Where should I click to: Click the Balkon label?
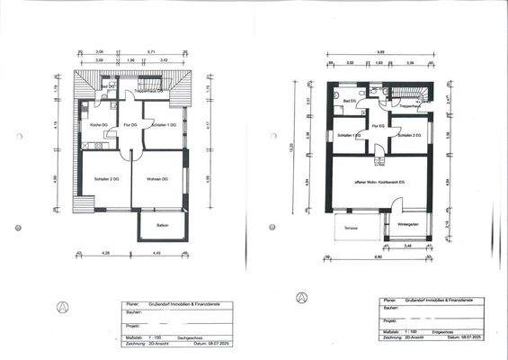pos(162,225)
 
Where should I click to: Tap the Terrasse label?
pos(351,228)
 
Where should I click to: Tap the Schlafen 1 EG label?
pos(350,135)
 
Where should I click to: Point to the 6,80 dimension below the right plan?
pos(378,256)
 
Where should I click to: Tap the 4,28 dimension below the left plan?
pos(105,253)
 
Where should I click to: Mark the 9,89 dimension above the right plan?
pos(380,52)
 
